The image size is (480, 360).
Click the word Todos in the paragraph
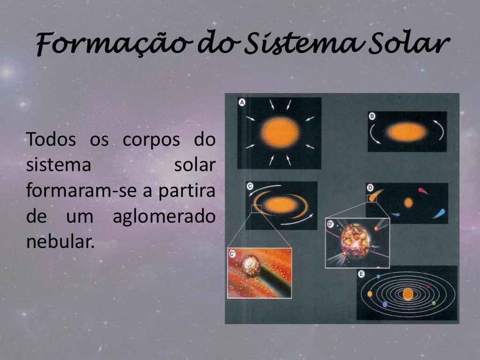52,140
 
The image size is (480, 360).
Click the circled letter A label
242,102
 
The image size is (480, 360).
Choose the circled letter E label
361,274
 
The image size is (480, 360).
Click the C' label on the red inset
232,254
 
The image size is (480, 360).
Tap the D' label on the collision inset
330,224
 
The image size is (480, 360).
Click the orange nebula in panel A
280,132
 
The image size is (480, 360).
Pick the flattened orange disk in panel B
406,132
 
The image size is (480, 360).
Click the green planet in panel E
434,303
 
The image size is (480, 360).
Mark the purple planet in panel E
385,304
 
